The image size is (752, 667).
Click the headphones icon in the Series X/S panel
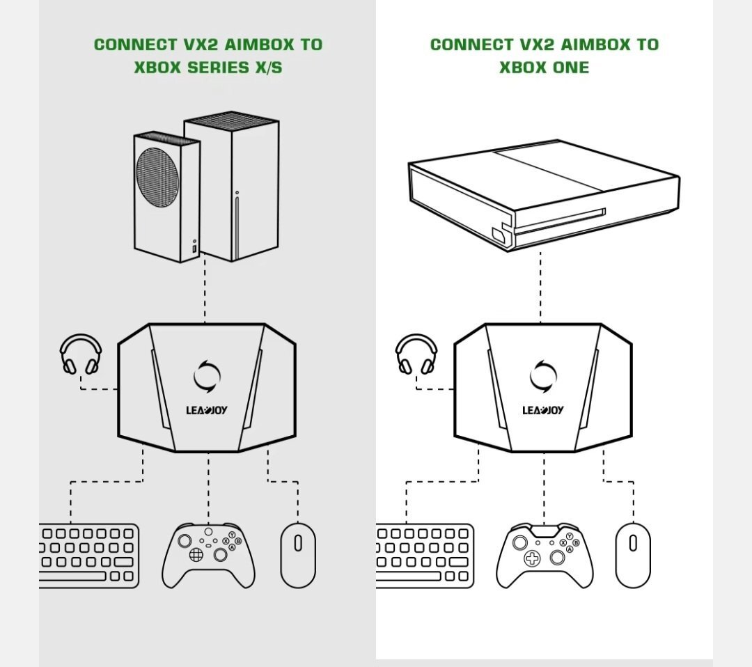click(x=81, y=340)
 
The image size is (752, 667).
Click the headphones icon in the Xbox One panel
click(x=416, y=340)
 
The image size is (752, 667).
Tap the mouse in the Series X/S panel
click(x=298, y=556)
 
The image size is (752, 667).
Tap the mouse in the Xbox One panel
click(x=633, y=556)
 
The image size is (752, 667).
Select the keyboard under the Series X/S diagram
click(x=89, y=556)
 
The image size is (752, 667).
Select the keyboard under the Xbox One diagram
click(x=425, y=556)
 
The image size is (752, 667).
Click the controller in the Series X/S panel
click(x=209, y=556)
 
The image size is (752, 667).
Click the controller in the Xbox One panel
click(x=545, y=556)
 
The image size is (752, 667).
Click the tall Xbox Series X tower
click(x=232, y=187)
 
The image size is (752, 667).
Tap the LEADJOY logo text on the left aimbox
click(x=207, y=410)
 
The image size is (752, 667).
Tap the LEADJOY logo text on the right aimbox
click(x=543, y=410)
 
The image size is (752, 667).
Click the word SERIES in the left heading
click(x=218, y=68)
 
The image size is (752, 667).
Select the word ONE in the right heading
click(x=571, y=68)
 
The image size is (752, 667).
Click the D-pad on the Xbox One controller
click(x=532, y=558)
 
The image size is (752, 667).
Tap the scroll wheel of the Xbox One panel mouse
click(x=633, y=543)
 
